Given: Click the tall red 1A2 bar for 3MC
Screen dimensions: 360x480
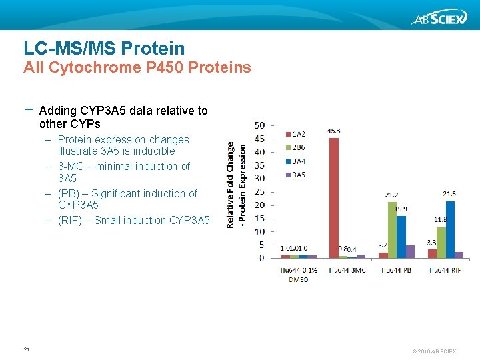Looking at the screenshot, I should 334,197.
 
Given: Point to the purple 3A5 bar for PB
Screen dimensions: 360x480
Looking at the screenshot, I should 410,251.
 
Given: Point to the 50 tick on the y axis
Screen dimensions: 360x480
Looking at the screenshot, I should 260,125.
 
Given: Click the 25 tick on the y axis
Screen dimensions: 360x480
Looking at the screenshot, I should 260,191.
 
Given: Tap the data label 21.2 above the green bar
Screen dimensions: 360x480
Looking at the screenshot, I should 391,195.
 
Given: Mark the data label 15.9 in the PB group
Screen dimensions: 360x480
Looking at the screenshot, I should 401,209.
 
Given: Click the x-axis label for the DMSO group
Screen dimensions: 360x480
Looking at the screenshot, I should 298,275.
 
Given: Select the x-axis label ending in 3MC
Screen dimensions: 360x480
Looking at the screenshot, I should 347,270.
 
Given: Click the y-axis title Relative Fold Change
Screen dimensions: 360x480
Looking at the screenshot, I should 231,184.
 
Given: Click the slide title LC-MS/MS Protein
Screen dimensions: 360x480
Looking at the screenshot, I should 104,48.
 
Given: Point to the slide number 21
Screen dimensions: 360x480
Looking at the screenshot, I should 27,349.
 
